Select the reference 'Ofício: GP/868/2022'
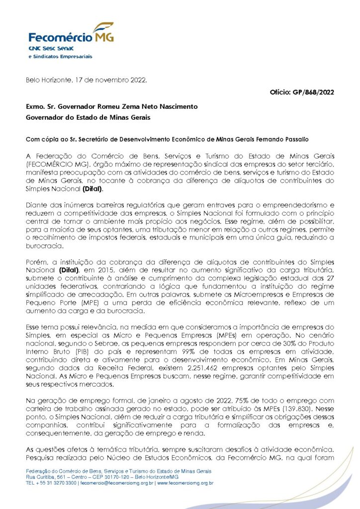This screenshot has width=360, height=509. pyautogui.click(x=301, y=92)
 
